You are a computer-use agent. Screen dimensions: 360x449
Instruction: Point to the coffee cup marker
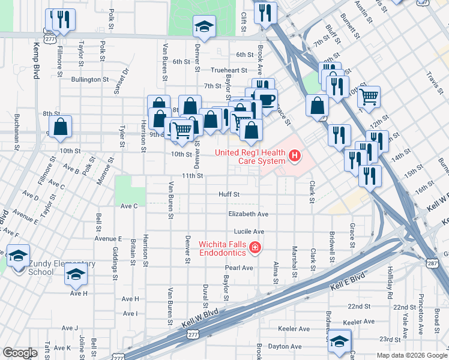(x=265, y=98)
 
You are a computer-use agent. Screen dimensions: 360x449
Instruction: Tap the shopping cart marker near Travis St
(x=370, y=95)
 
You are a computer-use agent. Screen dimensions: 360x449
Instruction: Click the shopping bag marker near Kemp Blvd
(x=60, y=127)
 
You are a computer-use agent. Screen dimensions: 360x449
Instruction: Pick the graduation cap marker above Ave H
(x=76, y=274)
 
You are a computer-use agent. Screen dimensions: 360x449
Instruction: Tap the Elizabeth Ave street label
(x=248, y=214)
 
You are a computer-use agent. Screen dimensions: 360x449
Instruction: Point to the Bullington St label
(x=89, y=79)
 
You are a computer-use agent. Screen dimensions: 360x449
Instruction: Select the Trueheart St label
(x=229, y=70)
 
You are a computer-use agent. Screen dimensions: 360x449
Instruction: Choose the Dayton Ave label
(x=285, y=346)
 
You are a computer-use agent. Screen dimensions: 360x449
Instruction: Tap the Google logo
(x=20, y=353)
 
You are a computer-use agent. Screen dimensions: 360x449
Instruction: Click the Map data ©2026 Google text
(x=412, y=355)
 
